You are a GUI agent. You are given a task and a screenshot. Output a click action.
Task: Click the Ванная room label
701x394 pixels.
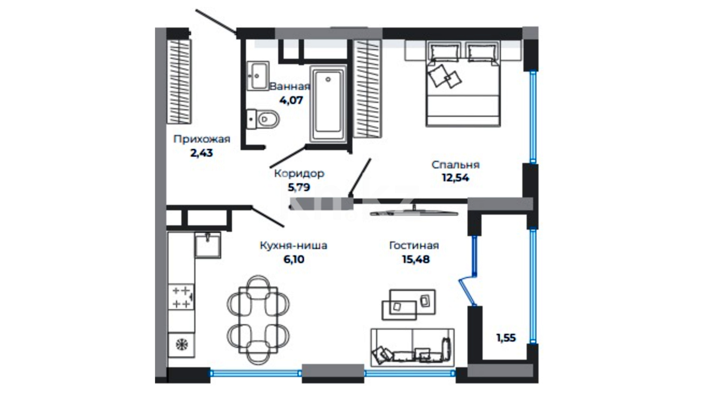290,86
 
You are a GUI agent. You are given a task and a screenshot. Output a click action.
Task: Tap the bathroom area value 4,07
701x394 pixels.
291,100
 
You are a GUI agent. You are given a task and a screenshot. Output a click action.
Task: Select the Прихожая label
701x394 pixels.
202,139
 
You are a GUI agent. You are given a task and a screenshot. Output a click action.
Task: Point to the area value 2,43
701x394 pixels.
202,153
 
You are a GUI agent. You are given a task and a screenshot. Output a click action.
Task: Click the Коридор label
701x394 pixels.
299,173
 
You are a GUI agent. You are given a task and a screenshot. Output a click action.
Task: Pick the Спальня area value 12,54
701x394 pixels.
455,178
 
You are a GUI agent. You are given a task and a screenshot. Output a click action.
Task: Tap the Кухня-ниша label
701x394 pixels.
294,246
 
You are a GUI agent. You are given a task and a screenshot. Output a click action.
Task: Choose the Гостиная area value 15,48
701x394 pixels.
416,259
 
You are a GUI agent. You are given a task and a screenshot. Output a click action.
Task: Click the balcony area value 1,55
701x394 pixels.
506,338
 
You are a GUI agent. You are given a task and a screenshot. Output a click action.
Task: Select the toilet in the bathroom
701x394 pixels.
263,119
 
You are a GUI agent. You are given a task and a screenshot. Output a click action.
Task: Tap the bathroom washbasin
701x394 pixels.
258,76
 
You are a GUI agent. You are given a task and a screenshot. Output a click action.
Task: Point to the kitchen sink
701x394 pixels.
208,245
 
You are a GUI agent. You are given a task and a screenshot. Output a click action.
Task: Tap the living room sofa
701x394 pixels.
413,347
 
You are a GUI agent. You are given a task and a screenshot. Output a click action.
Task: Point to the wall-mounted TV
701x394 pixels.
414,212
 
